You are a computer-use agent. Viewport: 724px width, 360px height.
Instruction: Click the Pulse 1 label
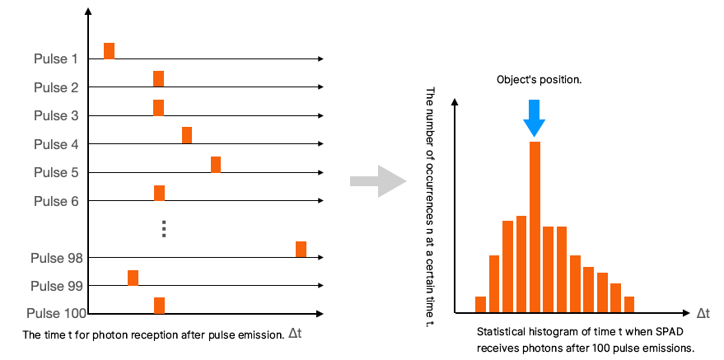point(56,59)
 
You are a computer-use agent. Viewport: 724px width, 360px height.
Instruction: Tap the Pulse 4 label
point(56,144)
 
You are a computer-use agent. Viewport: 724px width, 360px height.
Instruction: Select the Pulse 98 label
point(54,258)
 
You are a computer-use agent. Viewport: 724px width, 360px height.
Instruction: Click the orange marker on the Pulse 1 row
point(109,51)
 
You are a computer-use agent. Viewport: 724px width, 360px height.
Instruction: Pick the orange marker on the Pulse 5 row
point(216,164)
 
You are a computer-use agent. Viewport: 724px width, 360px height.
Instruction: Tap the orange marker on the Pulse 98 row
point(301,249)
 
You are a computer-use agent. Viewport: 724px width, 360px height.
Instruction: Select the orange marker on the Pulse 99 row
point(133,278)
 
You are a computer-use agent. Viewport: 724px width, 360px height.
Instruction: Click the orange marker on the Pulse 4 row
point(187,135)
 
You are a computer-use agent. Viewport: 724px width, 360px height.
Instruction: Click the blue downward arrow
point(534,117)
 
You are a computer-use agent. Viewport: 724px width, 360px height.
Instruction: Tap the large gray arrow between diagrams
point(378,180)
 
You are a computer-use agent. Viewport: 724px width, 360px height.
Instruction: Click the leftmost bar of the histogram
point(481,305)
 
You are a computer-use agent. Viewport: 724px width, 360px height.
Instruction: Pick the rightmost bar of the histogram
point(629,305)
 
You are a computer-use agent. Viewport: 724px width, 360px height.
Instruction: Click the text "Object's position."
point(539,80)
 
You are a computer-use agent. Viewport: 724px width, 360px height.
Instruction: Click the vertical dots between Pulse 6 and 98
point(164,228)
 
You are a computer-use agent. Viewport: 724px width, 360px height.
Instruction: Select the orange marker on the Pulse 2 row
point(158,79)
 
